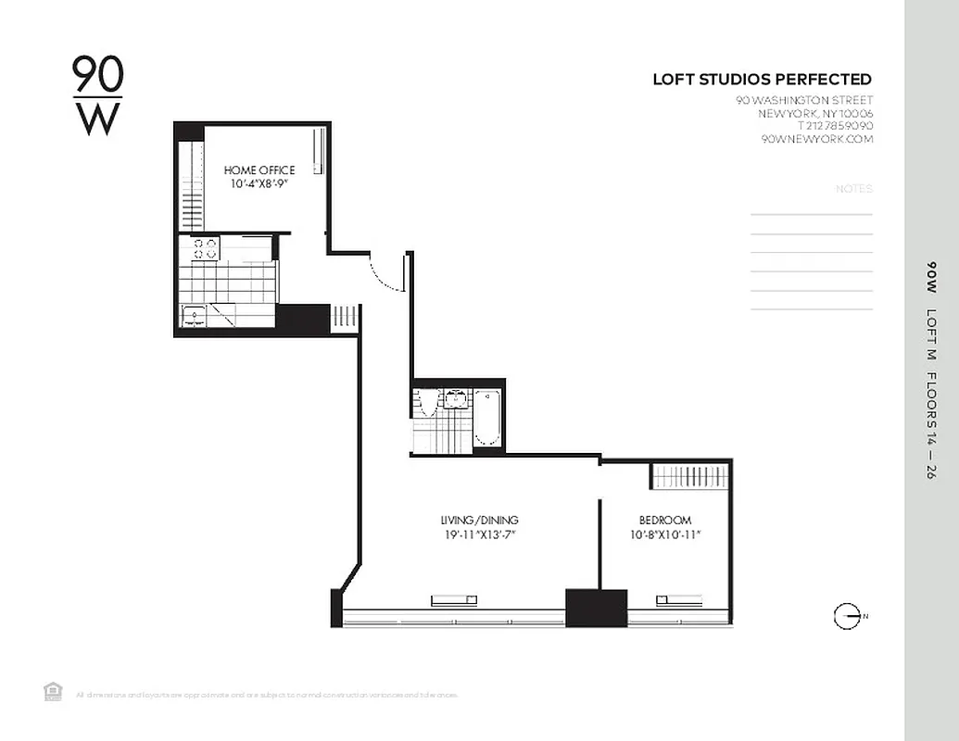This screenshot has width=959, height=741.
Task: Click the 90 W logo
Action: pos(97,95)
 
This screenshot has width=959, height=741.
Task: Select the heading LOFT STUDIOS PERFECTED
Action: pos(762,80)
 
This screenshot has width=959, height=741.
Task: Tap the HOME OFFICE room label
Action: pos(259,170)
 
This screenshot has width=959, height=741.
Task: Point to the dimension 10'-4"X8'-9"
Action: pos(259,184)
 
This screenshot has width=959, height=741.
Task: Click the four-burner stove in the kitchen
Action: pos(206,248)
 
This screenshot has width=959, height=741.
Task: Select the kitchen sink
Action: pos(195,316)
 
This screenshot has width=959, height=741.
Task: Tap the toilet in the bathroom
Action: pos(426,403)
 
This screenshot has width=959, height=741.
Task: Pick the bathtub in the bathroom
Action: pos(487,417)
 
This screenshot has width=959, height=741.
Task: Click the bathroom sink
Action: pos(455,399)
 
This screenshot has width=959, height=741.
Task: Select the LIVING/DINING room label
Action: pos(479,521)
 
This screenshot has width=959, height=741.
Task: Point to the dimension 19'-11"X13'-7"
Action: pos(479,534)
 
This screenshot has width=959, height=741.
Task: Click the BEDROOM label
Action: pos(664,521)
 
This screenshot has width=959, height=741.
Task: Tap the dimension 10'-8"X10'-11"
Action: pos(664,534)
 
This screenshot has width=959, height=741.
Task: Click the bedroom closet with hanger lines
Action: pos(690,476)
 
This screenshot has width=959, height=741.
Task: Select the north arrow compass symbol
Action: pos(846,616)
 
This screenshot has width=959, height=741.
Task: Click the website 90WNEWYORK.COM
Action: pos(816,139)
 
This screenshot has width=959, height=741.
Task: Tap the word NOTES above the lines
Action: pos(853,189)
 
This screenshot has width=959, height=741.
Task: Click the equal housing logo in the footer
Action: pos(53,691)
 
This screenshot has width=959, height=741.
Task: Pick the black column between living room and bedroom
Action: pos(596,608)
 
